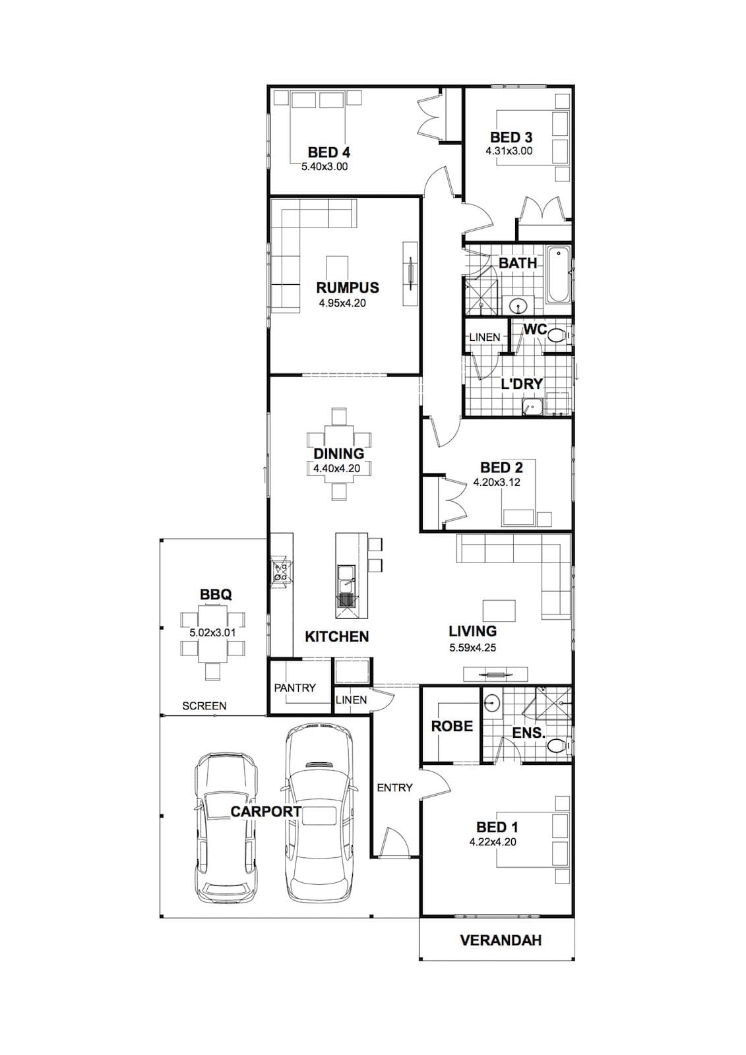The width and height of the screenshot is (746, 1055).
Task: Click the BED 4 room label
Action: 329,152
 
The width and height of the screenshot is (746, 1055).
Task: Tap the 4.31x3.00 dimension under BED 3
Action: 509,151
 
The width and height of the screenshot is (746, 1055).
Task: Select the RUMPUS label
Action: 348,287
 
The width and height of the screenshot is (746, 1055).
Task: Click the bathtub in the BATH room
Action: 559,275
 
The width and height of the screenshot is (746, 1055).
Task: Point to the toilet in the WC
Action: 557,335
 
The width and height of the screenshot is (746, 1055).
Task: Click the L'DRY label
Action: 521,384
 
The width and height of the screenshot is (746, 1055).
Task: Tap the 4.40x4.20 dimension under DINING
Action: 337,469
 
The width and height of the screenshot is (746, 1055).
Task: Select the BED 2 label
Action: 501,467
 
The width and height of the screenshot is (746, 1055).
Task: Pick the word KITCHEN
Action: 337,637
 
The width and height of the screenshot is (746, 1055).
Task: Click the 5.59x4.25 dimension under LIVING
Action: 473,648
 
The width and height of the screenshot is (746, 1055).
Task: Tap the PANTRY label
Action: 295,688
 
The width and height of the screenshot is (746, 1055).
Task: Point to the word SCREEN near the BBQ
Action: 204,706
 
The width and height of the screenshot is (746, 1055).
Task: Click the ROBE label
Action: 452,726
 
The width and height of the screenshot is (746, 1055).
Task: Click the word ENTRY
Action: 395,787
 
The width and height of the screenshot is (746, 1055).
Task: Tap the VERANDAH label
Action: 501,940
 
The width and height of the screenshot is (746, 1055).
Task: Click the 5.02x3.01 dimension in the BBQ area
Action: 212,632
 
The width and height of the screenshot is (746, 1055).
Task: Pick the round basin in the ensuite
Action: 491,703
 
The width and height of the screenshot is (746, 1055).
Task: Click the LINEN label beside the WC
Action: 485,337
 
